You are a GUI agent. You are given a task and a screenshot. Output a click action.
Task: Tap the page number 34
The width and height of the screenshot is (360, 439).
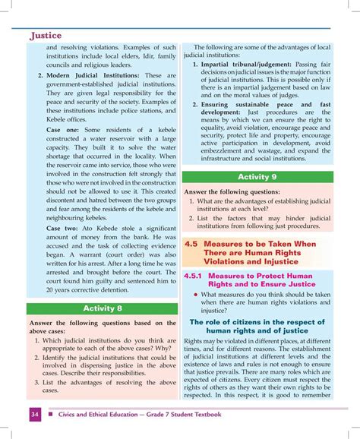pyautogui.click(x=36, y=415)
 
